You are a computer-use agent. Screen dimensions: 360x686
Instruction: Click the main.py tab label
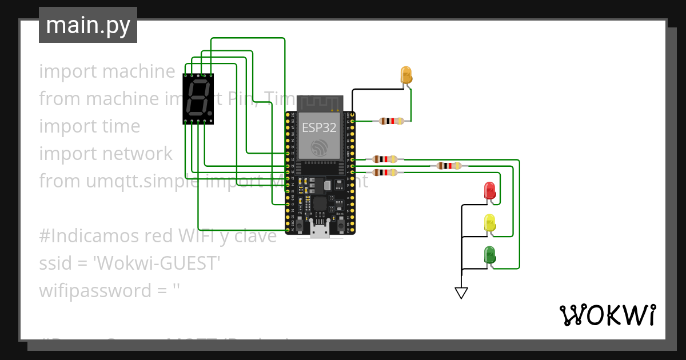(88, 25)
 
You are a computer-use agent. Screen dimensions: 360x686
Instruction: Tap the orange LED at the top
(406, 75)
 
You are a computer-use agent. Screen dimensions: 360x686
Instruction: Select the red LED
(489, 190)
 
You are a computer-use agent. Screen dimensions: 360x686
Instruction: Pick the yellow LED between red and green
(489, 222)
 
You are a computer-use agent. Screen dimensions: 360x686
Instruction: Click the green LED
(489, 254)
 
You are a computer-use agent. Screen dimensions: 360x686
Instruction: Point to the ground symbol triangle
(461, 293)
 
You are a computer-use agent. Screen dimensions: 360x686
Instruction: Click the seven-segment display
(198, 98)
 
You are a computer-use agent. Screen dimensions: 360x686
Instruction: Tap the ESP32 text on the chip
(319, 127)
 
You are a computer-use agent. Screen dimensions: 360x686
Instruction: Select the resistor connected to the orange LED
(391, 121)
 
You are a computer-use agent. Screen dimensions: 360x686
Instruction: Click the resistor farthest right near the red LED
(449, 166)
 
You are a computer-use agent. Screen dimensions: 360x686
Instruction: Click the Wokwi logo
(607, 315)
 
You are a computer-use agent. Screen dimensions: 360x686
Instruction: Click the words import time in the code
(89, 126)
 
